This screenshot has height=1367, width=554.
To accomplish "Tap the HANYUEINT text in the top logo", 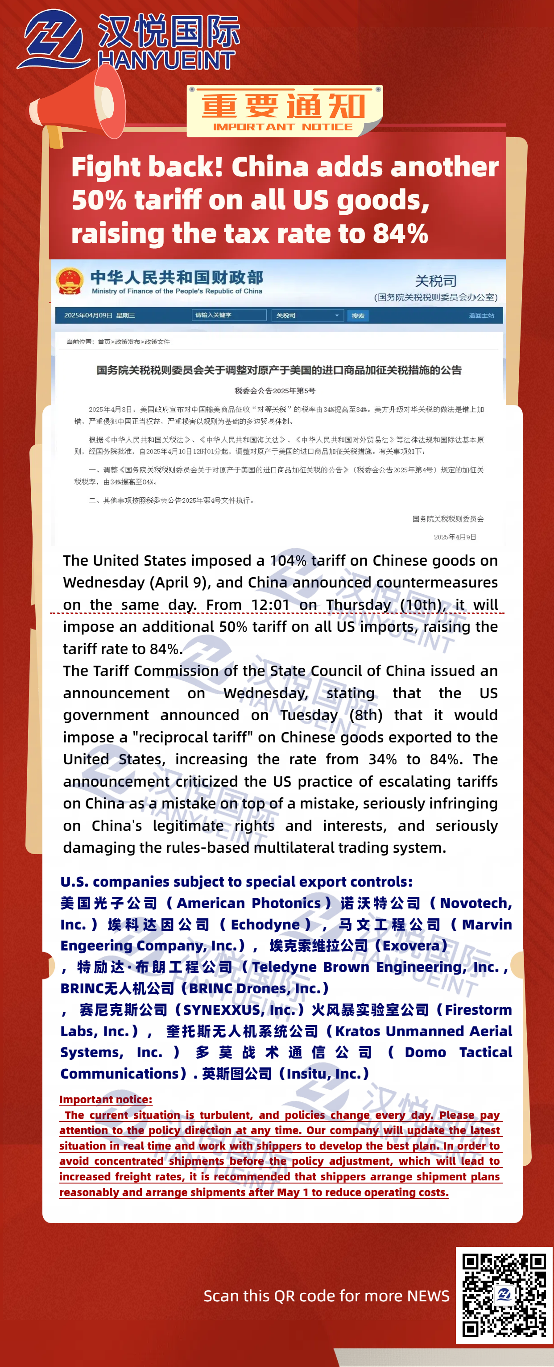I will pyautogui.click(x=166, y=60).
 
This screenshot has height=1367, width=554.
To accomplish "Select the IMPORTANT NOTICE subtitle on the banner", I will pyautogui.click(x=282, y=127).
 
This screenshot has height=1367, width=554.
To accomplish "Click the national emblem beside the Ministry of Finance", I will pyautogui.click(x=70, y=281).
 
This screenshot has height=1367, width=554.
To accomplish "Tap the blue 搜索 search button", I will pyautogui.click(x=358, y=316).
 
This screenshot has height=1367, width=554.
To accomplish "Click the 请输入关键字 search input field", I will pyautogui.click(x=228, y=315).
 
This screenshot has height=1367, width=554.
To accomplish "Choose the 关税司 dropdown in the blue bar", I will pyautogui.click(x=307, y=315).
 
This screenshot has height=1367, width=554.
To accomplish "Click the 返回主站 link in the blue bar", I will pyautogui.click(x=481, y=315).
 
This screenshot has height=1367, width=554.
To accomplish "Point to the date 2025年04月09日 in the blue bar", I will pyautogui.click(x=88, y=315).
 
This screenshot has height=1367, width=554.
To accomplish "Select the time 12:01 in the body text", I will pyautogui.click(x=270, y=604).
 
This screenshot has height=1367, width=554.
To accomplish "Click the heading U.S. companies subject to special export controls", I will pyautogui.click(x=236, y=881).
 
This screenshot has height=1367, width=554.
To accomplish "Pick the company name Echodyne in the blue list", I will pyautogui.click(x=265, y=925).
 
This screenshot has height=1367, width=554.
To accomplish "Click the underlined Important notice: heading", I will pyautogui.click(x=106, y=1100).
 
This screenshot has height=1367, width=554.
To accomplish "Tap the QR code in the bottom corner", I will pyautogui.click(x=504, y=1296).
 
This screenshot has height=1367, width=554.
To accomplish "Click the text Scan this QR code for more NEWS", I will pyautogui.click(x=326, y=1296).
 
